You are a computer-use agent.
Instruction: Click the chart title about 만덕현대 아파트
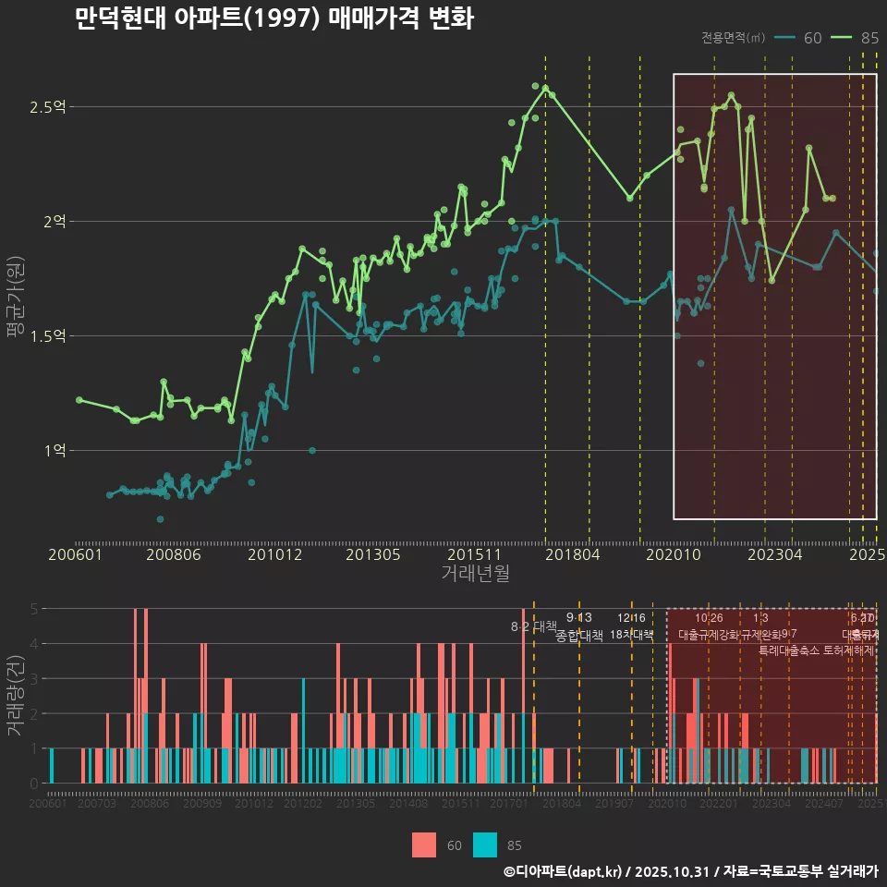[x=273, y=18]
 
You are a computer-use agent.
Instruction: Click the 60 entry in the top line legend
[x=812, y=38]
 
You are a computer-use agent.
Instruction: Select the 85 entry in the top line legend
[x=869, y=38]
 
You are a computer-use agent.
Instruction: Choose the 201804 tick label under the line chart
[x=573, y=555]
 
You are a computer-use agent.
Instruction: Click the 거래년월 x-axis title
[x=475, y=574]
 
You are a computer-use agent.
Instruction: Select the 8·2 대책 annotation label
[x=528, y=626]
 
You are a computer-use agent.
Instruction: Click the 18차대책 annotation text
[x=632, y=635]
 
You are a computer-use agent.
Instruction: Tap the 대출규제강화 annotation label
[x=709, y=635]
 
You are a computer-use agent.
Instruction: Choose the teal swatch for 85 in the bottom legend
[x=485, y=844]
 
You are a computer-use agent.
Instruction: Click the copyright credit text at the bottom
[x=690, y=871]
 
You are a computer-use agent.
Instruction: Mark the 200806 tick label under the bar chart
[x=150, y=805]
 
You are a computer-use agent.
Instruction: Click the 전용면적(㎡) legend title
[x=733, y=38]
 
